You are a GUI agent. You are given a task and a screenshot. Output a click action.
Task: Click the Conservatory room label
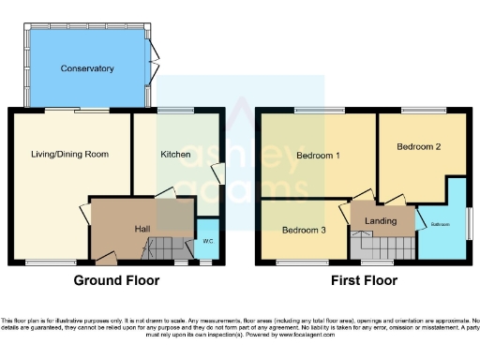pyautogui.click(x=87, y=68)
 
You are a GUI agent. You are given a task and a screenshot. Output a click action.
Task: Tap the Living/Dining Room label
pyautogui.click(x=70, y=154)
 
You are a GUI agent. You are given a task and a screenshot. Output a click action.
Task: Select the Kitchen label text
pyautogui.click(x=175, y=154)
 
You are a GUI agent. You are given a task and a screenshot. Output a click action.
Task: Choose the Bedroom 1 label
pyautogui.click(x=318, y=155)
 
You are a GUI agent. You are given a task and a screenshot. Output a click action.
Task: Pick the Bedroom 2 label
pyautogui.click(x=418, y=147)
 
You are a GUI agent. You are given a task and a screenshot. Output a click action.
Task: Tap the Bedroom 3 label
pyautogui.click(x=303, y=230)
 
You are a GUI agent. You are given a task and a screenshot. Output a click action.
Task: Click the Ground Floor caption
pyautogui.click(x=117, y=280)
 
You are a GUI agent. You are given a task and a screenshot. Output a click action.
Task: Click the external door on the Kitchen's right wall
pyautogui.click(x=219, y=174)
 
